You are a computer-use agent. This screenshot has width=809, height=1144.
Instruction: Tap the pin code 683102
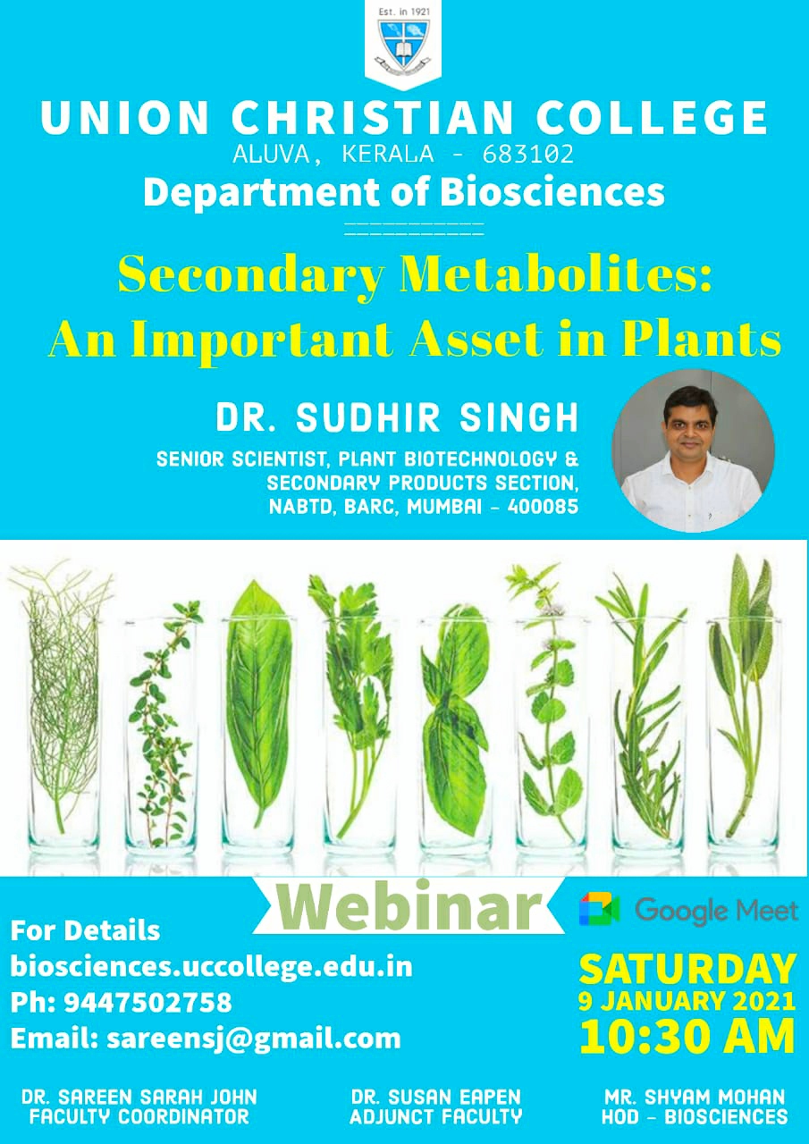click(527, 154)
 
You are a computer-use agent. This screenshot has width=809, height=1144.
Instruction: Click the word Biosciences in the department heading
click(552, 192)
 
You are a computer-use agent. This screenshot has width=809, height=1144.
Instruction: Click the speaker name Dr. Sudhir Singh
click(397, 418)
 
